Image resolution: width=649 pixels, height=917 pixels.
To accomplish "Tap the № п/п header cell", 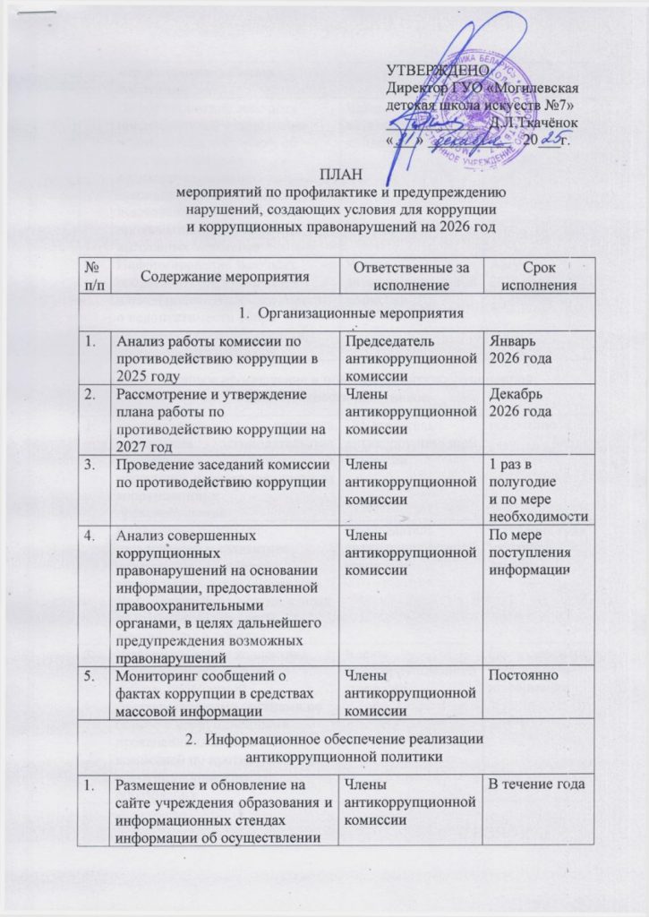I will click(x=92, y=277).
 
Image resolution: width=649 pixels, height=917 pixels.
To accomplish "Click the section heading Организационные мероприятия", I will click(x=339, y=314).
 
